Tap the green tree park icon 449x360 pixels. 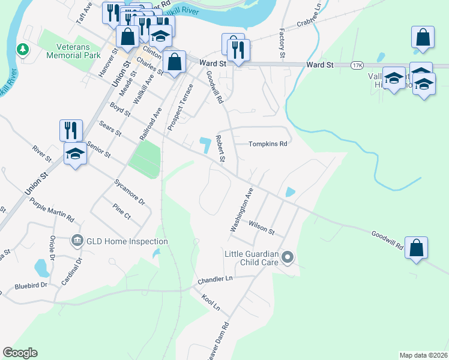tap(23, 48)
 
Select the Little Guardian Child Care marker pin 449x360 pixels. tap(288, 258)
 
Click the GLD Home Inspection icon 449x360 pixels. tap(77, 241)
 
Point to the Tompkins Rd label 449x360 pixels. tap(268, 144)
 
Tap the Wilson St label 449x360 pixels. tap(262, 227)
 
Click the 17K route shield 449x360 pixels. tap(358, 64)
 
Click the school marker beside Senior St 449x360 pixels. tap(76, 154)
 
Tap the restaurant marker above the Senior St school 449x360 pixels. tap(71, 130)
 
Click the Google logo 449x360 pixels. tap(20, 353)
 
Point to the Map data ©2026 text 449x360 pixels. tap(424, 355)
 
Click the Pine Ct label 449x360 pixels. tap(121, 211)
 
